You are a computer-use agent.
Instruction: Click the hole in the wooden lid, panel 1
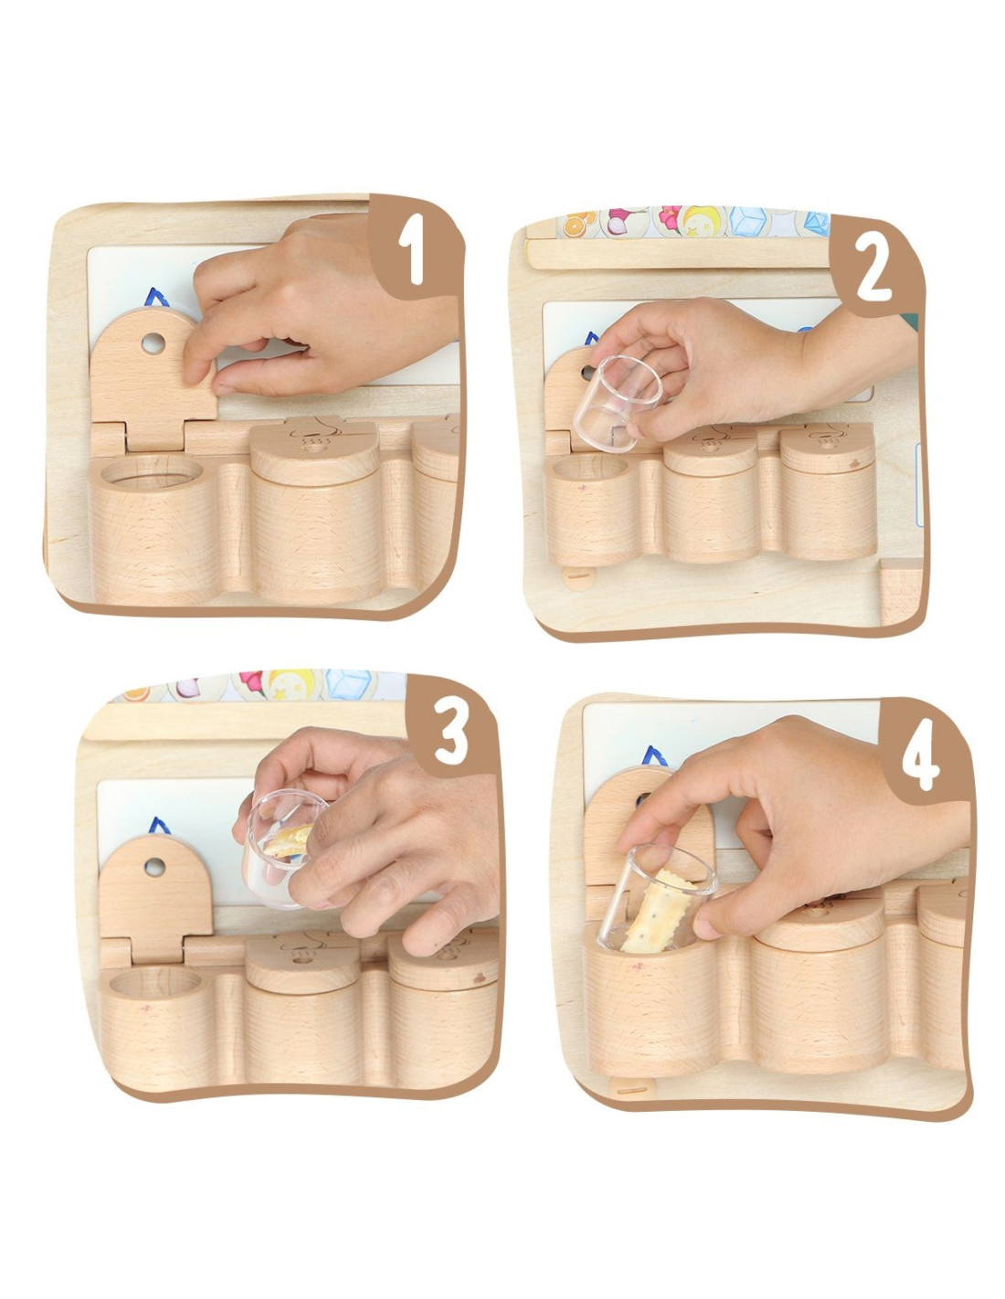pyautogui.click(x=153, y=343)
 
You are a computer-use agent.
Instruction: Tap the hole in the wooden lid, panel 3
pyautogui.click(x=154, y=867)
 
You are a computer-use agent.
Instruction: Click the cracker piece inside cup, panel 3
pyautogui.click(x=289, y=840)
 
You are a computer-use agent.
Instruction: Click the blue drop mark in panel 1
pyautogui.click(x=157, y=298)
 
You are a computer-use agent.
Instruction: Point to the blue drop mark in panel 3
pyautogui.click(x=158, y=826)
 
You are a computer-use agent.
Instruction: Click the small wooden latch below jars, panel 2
pyautogui.click(x=578, y=576)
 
